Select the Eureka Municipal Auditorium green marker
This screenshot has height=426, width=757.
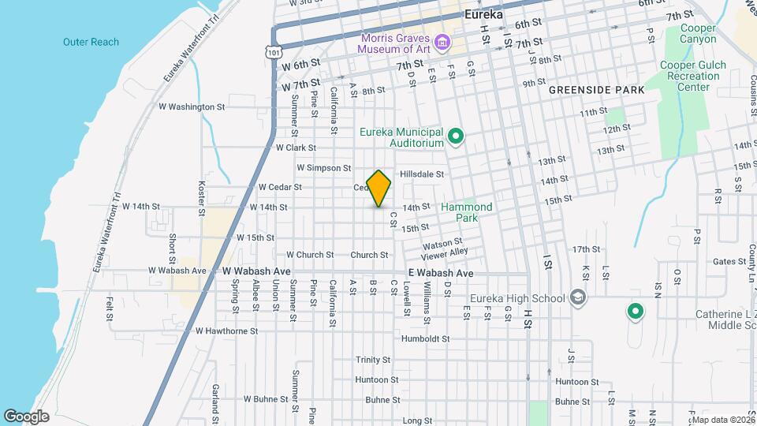(455, 138)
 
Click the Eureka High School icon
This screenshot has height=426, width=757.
(578, 297)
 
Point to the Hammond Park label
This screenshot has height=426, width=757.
(466, 212)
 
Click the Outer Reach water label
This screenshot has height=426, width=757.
(91, 42)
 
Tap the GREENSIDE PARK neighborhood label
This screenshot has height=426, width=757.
(597, 90)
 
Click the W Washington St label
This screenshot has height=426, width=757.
(192, 106)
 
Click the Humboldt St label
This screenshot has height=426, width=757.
(425, 338)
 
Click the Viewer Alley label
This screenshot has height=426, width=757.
(444, 252)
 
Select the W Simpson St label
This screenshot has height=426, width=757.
(323, 167)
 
